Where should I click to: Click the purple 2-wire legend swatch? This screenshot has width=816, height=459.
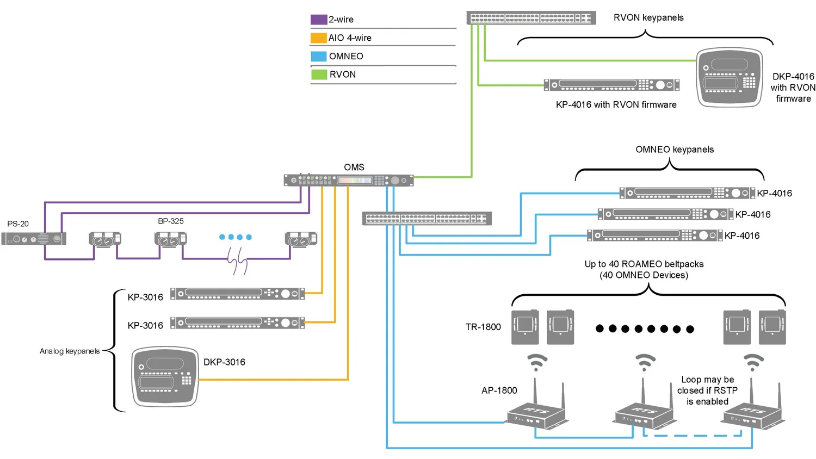[318, 20]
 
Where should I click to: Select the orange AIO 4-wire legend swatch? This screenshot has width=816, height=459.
[318, 38]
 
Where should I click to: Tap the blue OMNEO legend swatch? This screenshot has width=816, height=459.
[318, 56]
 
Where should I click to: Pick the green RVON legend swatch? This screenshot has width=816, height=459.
[319, 75]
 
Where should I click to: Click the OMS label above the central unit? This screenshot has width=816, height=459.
[354, 168]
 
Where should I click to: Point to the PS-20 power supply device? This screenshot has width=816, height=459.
[34, 238]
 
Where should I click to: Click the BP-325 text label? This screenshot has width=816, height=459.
[171, 221]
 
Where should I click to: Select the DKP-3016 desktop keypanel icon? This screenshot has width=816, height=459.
[165, 376]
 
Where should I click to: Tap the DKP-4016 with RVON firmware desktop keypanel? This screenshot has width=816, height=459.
[730, 77]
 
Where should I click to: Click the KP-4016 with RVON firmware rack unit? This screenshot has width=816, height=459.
[611, 85]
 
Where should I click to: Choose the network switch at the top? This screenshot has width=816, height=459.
[531, 18]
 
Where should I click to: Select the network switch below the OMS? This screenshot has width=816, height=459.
[426, 219]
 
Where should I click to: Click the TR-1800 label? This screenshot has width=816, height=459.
[483, 327]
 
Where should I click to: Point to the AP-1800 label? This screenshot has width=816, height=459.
[499, 390]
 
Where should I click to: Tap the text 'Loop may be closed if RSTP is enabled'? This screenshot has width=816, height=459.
[707, 390]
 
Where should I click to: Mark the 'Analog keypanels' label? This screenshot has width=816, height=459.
[70, 351]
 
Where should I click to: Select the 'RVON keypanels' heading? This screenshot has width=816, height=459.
[648, 18]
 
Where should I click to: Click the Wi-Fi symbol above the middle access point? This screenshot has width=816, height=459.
[645, 362]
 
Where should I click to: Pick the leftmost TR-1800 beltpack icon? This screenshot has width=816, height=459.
[525, 327]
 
